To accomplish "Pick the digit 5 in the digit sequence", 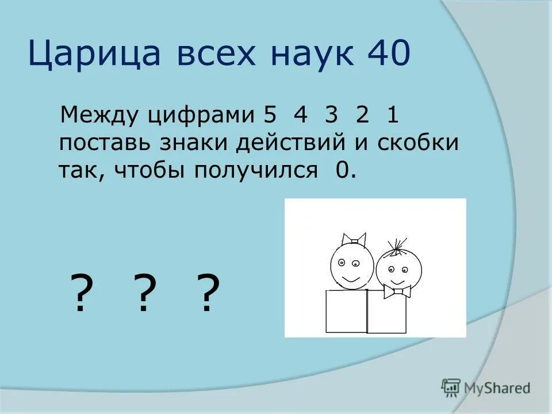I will pos(270,115).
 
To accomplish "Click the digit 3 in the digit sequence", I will pos(330,115).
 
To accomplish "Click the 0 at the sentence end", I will pos(343,170).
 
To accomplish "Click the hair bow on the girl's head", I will pos(353,238).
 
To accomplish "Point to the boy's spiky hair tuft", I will pos(397,246).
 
